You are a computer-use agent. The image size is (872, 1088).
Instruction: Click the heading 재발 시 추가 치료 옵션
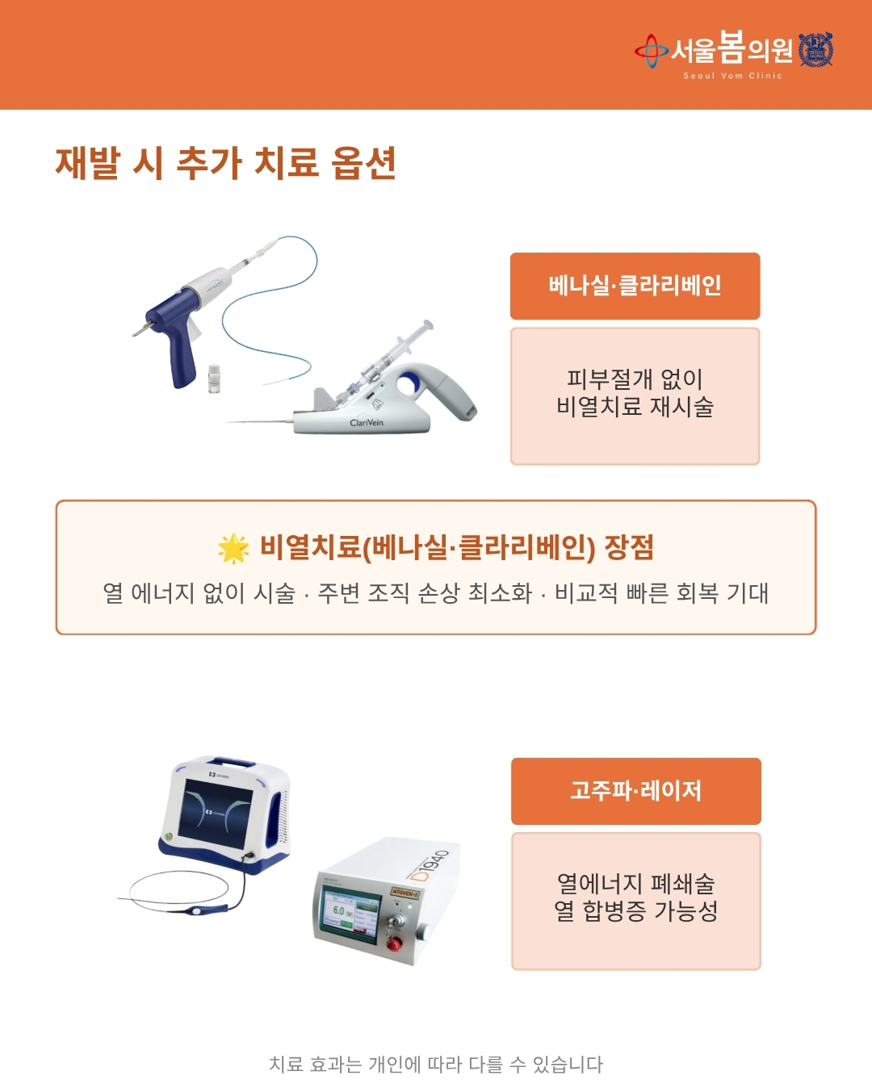point(225,163)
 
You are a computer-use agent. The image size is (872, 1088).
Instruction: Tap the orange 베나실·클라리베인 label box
point(635,287)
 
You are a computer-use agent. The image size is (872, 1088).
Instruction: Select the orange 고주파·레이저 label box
point(635,791)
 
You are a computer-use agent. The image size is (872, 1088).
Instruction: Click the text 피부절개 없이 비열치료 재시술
point(635,393)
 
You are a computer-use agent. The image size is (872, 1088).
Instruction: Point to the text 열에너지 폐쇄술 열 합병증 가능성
point(635,898)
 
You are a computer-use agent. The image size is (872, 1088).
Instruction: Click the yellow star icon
point(233,548)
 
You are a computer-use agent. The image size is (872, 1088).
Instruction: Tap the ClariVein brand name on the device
point(367,422)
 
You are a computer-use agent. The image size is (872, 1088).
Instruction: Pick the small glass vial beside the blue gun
point(215,379)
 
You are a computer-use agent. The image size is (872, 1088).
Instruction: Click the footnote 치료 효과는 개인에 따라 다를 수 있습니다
point(436,1065)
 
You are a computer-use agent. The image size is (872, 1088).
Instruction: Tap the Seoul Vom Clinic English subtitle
point(733,76)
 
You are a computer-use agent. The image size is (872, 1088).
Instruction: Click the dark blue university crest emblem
point(815,49)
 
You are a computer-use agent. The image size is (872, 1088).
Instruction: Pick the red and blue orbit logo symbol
point(652,51)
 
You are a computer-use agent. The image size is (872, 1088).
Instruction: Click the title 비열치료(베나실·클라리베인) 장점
point(457,547)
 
